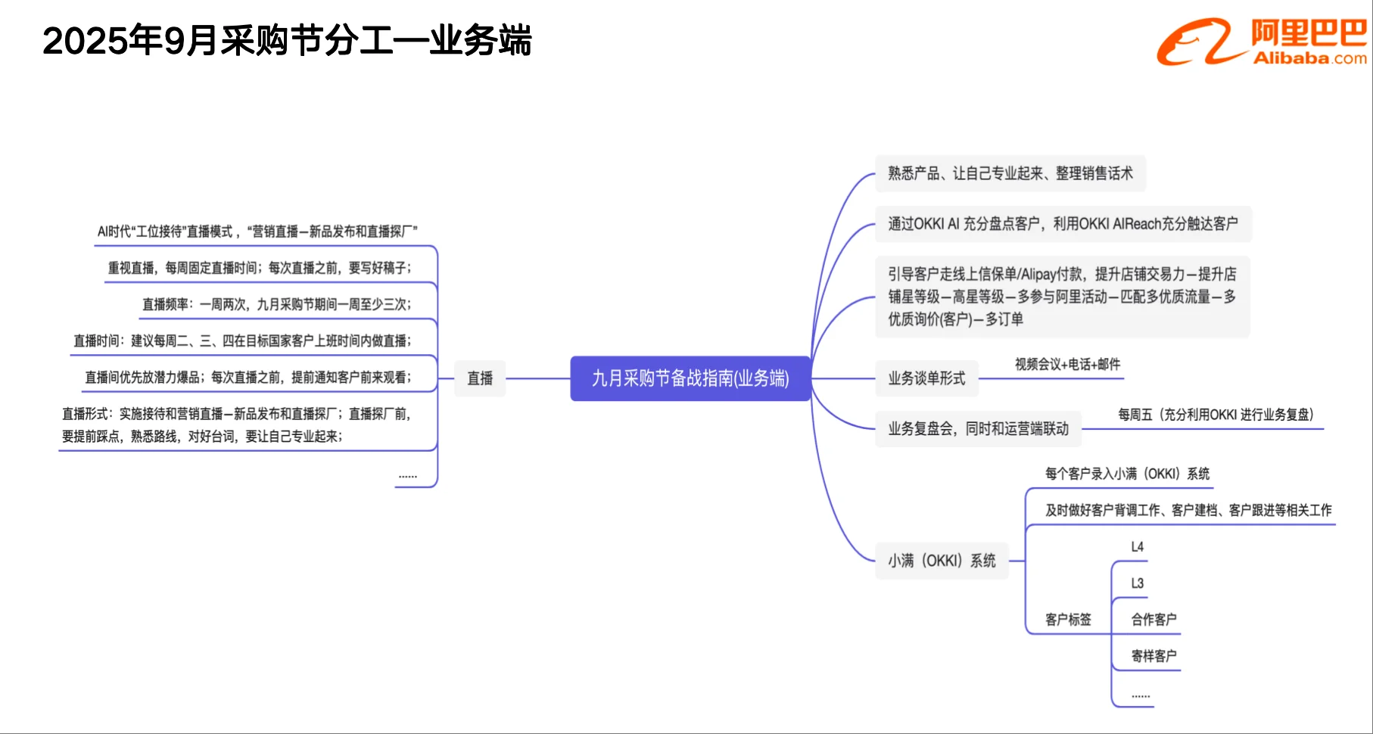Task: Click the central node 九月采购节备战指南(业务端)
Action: coord(690,378)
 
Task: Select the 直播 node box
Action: coord(480,378)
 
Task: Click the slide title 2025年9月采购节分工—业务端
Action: coord(287,41)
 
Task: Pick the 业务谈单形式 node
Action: coord(926,378)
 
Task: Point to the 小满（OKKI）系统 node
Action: coord(942,561)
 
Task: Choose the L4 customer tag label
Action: coord(1137,547)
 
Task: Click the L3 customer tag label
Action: coord(1137,583)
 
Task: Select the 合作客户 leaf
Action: coord(1154,620)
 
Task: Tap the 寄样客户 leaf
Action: coord(1154,656)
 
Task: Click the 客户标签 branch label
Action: coord(1068,620)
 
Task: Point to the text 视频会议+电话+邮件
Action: coord(1067,365)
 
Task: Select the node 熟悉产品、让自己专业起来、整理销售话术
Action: coord(1010,173)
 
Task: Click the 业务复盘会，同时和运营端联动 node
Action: coord(978,429)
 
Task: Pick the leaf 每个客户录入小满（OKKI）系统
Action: coord(1127,474)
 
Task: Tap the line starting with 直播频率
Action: coord(277,304)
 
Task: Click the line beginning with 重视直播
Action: coord(260,268)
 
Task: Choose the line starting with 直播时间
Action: coord(242,341)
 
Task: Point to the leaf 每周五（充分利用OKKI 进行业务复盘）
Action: coord(1216,415)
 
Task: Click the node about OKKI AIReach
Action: coord(1063,224)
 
